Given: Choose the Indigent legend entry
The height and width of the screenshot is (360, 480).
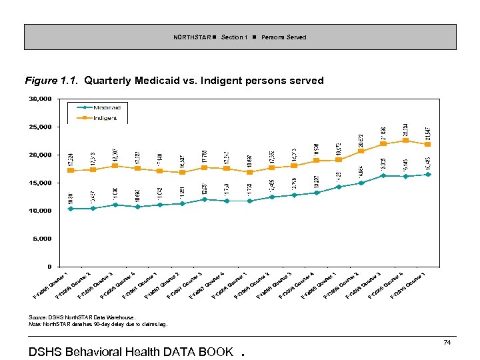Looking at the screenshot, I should (x=104, y=118).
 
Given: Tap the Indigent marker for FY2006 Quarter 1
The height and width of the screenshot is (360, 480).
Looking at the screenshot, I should (x=71, y=171).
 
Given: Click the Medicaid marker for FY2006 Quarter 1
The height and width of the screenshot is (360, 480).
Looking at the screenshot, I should (x=71, y=209).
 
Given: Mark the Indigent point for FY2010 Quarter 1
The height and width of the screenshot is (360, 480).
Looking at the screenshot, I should (x=428, y=144).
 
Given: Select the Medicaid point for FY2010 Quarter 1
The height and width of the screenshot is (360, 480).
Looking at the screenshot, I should (x=428, y=175).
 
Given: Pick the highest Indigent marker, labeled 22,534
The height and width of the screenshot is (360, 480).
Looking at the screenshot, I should (x=406, y=140).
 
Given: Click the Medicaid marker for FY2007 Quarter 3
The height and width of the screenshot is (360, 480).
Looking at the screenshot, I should (x=205, y=199).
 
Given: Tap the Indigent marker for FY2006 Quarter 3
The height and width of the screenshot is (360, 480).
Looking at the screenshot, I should (x=115, y=165).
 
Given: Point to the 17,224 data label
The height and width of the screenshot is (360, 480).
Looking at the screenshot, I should (x=71, y=160).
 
